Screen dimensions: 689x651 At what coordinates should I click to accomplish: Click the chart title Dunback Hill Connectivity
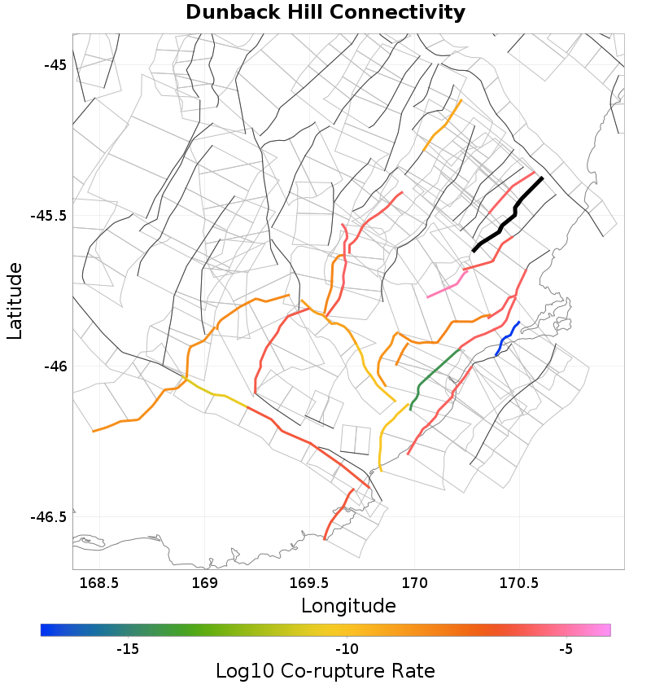click(325, 13)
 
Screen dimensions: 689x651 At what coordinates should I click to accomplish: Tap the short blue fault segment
click(506, 337)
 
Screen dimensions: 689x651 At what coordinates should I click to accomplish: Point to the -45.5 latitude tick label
click(48, 217)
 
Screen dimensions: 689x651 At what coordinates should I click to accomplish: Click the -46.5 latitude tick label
click(48, 517)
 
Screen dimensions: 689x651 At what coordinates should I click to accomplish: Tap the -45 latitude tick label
click(54, 65)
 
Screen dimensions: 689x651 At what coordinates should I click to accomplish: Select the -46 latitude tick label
click(54, 367)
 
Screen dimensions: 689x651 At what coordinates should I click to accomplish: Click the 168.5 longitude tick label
click(99, 583)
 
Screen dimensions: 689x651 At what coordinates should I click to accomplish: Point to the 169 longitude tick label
click(204, 583)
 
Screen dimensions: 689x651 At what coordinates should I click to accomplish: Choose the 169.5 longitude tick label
click(309, 583)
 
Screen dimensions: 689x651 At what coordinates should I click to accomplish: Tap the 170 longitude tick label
click(415, 583)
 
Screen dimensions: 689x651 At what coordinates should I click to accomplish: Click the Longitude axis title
click(348, 606)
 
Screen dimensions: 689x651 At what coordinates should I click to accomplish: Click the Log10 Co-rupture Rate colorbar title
click(325, 671)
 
